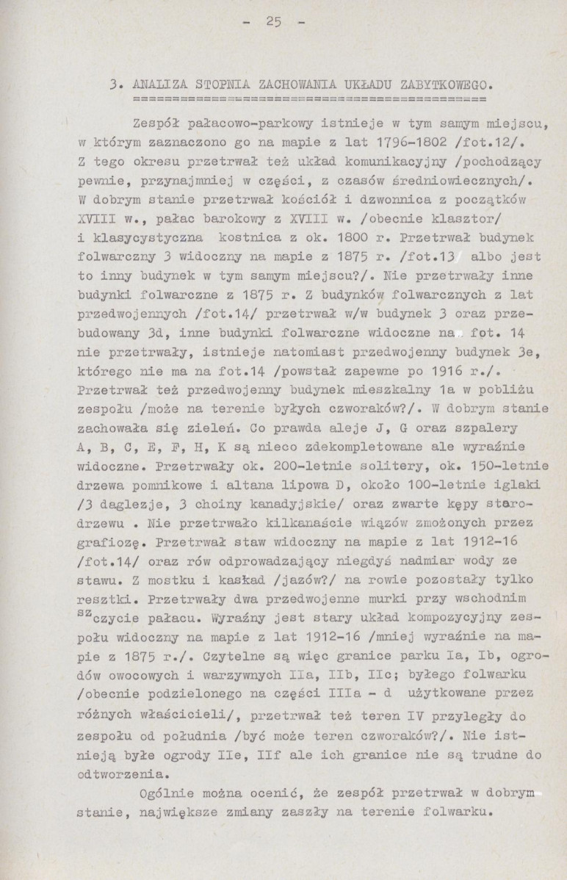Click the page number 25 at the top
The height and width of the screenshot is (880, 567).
pos(274,21)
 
